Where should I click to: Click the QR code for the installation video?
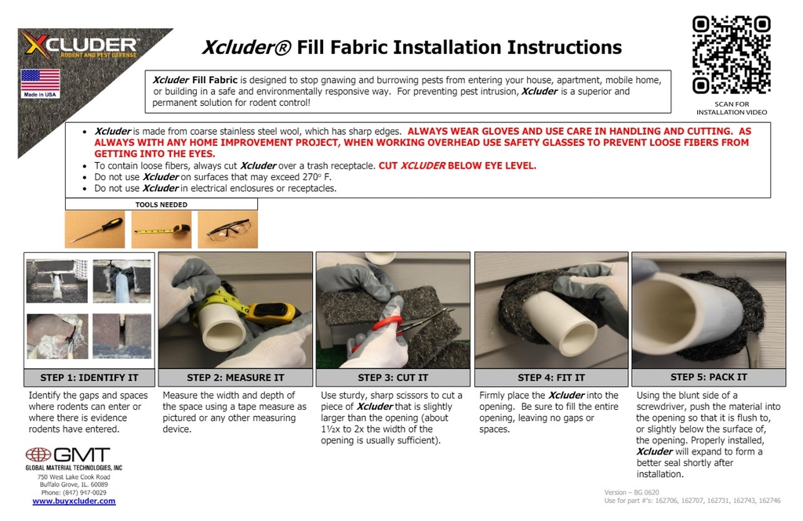pyautogui.click(x=731, y=55)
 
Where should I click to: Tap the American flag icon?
pyautogui.click(x=40, y=80)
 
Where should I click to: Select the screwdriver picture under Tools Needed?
pyautogui.click(x=94, y=230)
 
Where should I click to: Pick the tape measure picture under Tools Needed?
pyautogui.click(x=161, y=230)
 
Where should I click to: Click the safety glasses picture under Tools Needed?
pyautogui.click(x=227, y=230)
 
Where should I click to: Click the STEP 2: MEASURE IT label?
pyautogui.click(x=235, y=378)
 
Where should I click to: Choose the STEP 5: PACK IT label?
pyautogui.click(x=708, y=377)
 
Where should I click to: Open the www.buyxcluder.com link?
pyautogui.click(x=74, y=501)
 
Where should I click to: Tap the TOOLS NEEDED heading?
pyautogui.click(x=161, y=204)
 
